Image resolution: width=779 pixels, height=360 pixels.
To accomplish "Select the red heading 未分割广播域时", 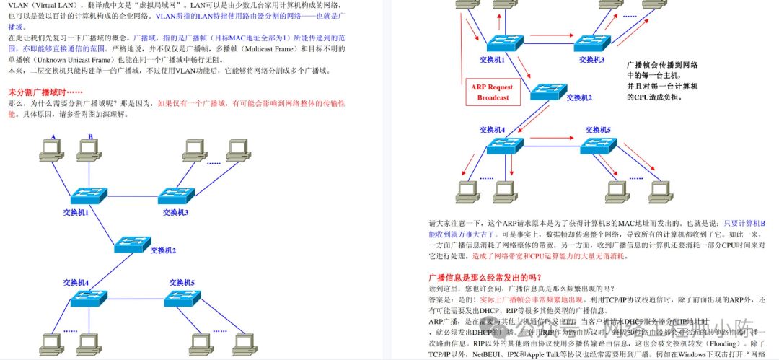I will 45,93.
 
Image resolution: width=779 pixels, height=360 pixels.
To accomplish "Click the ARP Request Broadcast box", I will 492,92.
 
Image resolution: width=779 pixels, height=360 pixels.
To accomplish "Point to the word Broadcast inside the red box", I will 493,97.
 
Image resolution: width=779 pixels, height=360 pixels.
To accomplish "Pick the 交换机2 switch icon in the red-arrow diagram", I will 548,90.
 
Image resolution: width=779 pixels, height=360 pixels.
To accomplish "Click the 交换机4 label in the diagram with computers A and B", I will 75,282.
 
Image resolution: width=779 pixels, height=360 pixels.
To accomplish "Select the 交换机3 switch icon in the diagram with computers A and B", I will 176,195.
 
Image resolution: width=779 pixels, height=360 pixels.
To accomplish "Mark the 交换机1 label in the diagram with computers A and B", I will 75,213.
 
